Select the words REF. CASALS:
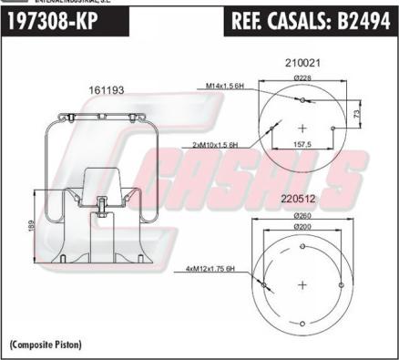click(274, 21)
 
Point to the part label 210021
click(302, 65)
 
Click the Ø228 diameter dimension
click(302, 78)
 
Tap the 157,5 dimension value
click(302, 143)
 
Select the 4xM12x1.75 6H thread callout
click(210, 269)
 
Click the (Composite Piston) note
click(46, 344)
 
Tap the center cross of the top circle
click(302, 125)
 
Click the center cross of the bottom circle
click(302, 284)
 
